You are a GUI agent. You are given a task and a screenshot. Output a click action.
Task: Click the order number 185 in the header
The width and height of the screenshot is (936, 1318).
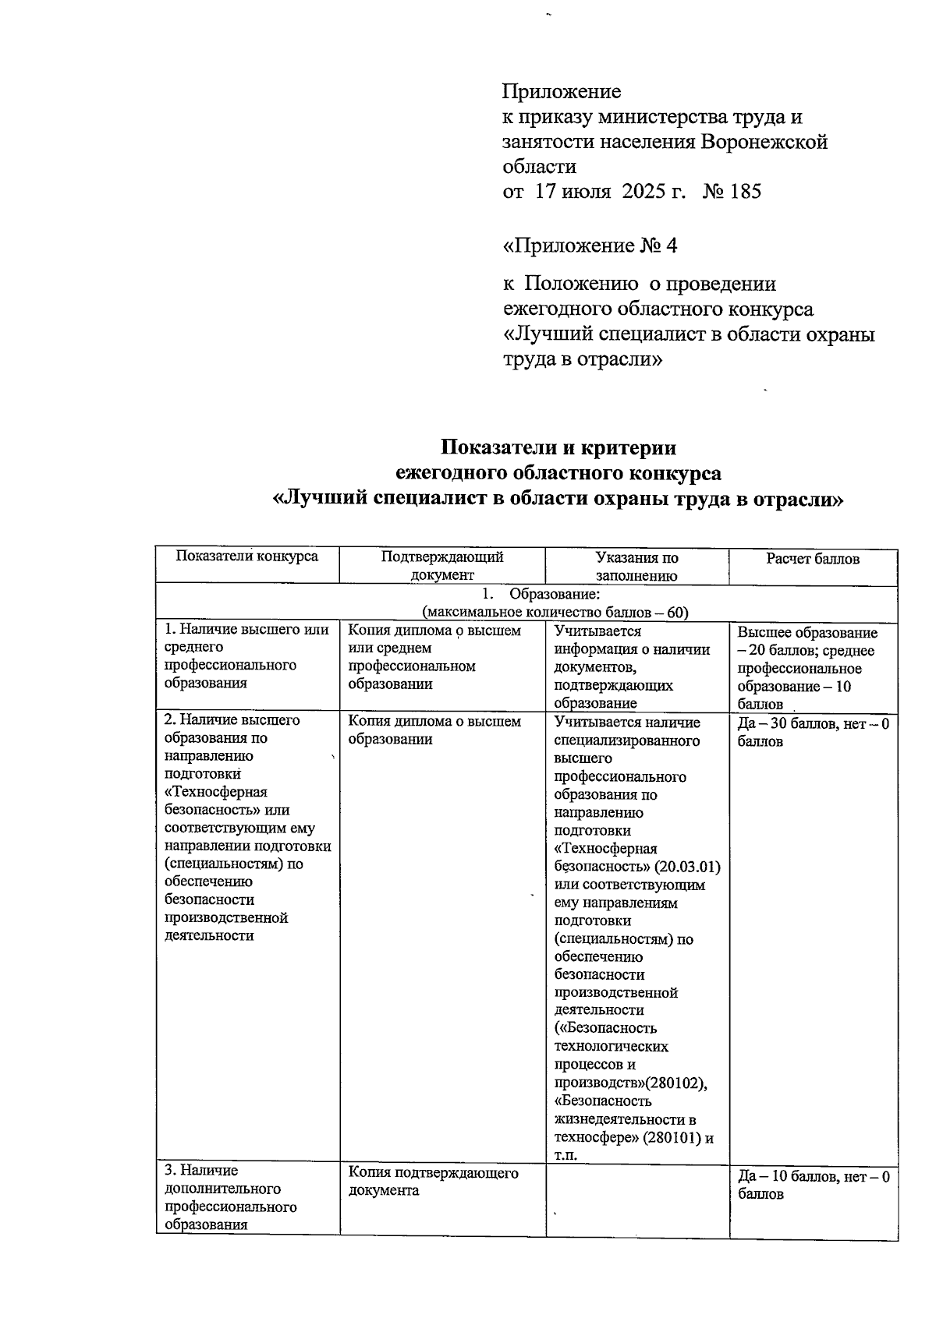tap(746, 192)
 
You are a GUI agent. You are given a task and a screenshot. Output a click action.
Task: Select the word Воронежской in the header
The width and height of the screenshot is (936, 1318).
tap(764, 142)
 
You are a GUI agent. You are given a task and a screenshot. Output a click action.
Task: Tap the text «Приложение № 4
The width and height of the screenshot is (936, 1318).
tap(590, 246)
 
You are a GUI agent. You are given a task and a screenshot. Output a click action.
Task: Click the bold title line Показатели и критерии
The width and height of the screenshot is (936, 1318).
tap(558, 448)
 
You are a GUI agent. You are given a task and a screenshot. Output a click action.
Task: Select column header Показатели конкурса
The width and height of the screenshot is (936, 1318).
tap(247, 557)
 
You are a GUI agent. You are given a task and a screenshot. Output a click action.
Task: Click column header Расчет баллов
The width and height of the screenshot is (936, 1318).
tap(813, 559)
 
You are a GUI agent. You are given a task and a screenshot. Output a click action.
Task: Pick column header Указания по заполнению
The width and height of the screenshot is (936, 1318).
tap(636, 567)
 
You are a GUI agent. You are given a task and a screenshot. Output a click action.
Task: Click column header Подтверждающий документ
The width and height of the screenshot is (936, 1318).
tap(442, 567)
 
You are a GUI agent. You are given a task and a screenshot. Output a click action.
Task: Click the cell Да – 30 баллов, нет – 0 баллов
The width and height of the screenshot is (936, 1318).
tap(813, 732)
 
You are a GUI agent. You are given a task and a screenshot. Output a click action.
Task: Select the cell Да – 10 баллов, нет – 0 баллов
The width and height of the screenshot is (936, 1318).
tap(813, 1185)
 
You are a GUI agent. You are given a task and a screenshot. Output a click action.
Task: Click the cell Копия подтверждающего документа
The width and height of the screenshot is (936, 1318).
tap(434, 1182)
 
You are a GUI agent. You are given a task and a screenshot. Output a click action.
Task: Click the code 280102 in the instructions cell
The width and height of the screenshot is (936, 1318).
tap(679, 1083)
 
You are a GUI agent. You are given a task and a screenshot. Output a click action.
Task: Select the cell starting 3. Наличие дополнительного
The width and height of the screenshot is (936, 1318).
tap(231, 1197)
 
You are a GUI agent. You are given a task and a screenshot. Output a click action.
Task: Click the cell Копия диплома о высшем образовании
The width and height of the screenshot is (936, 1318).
tap(434, 730)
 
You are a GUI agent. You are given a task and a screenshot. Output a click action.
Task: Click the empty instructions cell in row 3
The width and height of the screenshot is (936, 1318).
tap(637, 1200)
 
